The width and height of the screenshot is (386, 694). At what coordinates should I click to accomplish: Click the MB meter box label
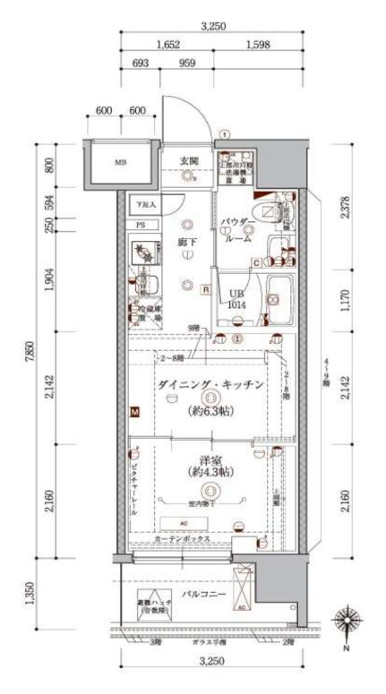[x=119, y=163]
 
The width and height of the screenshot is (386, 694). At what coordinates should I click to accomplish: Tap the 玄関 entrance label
[x=188, y=160]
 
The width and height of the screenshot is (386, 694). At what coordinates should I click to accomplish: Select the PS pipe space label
[x=140, y=224]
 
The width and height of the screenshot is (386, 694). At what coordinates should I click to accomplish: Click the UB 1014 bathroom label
[x=236, y=299]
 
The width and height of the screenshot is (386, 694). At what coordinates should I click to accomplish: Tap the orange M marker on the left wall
[x=135, y=412]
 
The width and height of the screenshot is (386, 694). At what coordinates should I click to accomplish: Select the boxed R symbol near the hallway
[x=206, y=289]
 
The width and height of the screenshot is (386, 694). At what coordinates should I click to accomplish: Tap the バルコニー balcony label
[x=205, y=595]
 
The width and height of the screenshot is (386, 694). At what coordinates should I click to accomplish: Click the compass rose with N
[x=346, y=621]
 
